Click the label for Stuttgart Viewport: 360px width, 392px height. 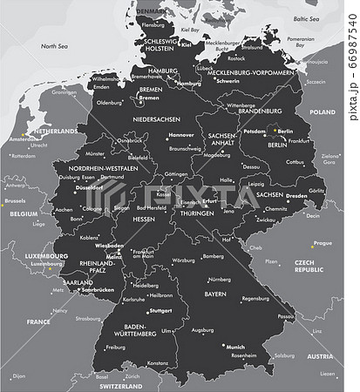click(x=161, y=310)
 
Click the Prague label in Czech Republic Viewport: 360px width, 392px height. click(x=323, y=243)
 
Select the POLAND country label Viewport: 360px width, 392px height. click(x=323, y=112)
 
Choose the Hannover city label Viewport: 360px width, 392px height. click(x=181, y=135)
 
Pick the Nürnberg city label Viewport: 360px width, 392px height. click(x=220, y=279)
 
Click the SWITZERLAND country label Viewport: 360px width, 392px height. click(x=120, y=385)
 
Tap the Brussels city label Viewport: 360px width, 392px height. click(x=15, y=200)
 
